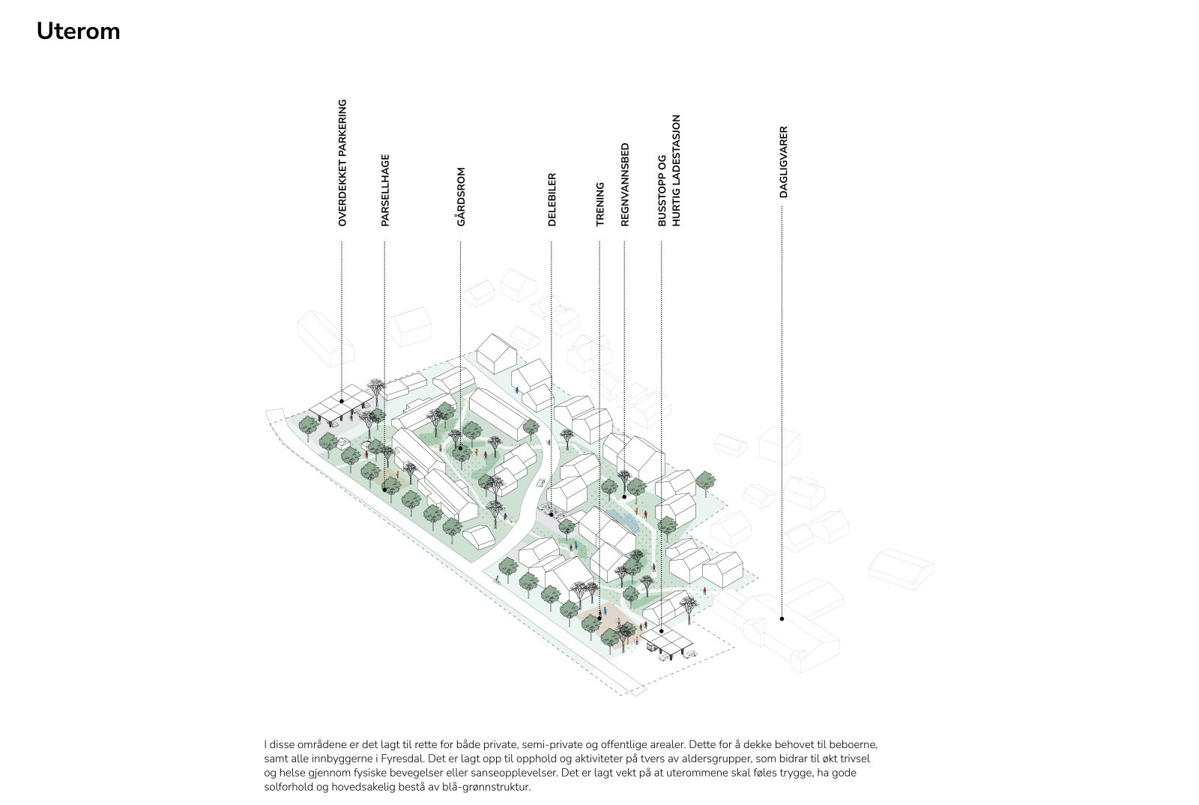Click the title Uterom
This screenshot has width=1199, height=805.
tap(78, 31)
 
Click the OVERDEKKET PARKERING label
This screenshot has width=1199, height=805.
tap(342, 163)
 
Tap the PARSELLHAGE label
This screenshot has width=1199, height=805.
tap(385, 190)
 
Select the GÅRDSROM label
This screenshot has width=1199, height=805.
tap(461, 197)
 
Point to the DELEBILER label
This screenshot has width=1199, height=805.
tap(552, 199)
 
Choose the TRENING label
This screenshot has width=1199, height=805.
tap(600, 205)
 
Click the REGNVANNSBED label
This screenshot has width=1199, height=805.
tap(625, 184)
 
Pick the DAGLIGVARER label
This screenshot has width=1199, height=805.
tap(784, 162)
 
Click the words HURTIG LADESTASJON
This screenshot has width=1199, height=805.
tap(676, 171)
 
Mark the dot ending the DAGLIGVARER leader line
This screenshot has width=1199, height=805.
tap(782, 618)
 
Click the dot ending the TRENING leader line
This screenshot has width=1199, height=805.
tap(599, 618)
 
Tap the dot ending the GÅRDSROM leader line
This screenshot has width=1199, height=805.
tap(460, 448)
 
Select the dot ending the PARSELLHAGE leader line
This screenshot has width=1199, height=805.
tap(384, 489)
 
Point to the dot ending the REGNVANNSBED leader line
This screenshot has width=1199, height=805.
tap(624, 497)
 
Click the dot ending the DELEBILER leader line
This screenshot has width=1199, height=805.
tap(552, 514)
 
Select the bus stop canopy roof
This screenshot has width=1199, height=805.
tap(667, 636)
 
